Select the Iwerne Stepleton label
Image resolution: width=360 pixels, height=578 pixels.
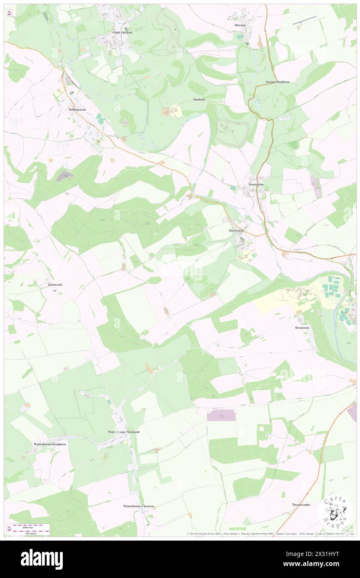278,82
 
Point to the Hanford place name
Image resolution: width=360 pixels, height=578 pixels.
199,100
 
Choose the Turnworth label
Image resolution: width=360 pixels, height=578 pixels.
55,285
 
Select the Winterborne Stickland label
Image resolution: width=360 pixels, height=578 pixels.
124,432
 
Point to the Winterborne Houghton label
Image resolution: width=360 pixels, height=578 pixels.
49,444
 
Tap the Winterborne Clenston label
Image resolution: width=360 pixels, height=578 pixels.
138,506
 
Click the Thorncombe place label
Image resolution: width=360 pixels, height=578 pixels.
301,504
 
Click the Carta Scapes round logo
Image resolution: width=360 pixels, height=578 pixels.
335,512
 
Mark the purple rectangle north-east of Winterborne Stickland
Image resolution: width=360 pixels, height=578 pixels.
221,415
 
